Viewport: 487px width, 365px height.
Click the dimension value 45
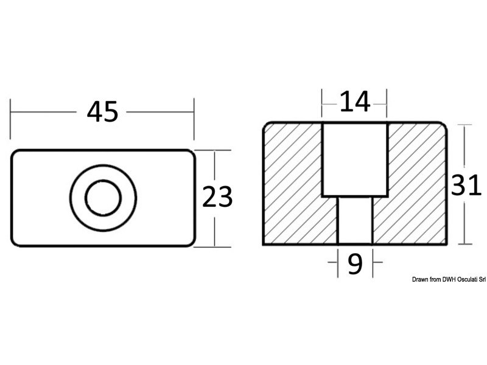(x=102, y=112)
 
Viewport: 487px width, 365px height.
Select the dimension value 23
(x=217, y=196)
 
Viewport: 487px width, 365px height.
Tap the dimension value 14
(x=355, y=102)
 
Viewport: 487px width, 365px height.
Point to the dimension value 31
(x=466, y=186)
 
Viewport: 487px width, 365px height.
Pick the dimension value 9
(x=355, y=263)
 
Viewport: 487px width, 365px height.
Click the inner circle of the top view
(x=103, y=198)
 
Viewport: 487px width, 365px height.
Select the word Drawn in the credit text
(x=420, y=280)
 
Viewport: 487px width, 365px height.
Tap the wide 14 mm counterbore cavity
(x=355, y=159)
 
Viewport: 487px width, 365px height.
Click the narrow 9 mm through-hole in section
(x=355, y=220)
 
